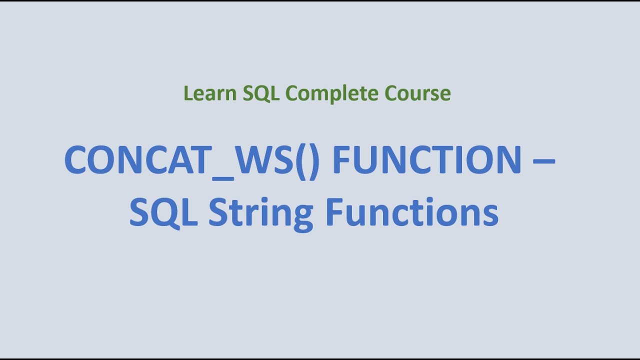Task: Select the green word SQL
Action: point(261,93)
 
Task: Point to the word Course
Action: point(418,93)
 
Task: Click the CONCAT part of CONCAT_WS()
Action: point(136,160)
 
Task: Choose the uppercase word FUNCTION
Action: point(427,160)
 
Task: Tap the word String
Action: point(260,212)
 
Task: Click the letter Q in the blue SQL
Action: point(164,212)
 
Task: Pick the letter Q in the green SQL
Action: point(261,94)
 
